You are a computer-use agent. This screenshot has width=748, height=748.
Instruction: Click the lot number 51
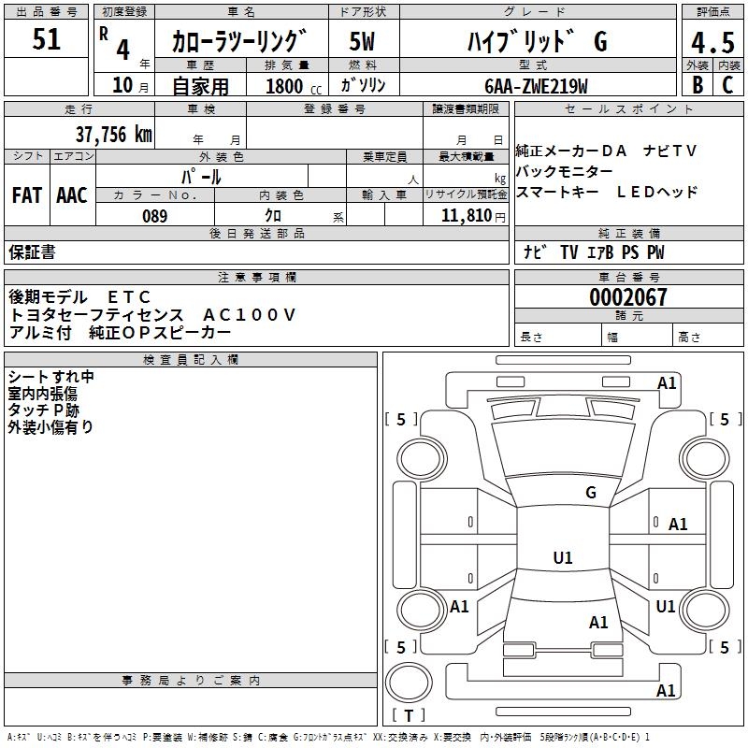(x=47, y=40)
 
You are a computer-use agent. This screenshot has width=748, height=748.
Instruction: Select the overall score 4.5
(x=712, y=42)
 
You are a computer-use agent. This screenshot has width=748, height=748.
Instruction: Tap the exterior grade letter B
(x=697, y=85)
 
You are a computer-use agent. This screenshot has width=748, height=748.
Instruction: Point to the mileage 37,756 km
(x=113, y=134)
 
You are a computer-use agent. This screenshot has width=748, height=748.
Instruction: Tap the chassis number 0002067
(x=627, y=298)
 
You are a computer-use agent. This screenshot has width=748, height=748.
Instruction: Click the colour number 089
(x=154, y=216)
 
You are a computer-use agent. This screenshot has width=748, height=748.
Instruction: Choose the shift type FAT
(x=27, y=195)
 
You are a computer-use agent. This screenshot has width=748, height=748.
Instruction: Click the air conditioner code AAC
(x=72, y=195)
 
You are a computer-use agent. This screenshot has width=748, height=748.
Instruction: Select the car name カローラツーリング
(x=239, y=41)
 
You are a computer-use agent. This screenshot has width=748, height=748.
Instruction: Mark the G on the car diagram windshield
(x=590, y=493)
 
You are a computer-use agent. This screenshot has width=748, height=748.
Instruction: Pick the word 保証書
(x=32, y=252)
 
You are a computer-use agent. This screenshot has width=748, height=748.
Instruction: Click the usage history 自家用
(x=200, y=86)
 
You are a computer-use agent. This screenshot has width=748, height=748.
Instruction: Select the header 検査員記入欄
(x=191, y=360)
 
